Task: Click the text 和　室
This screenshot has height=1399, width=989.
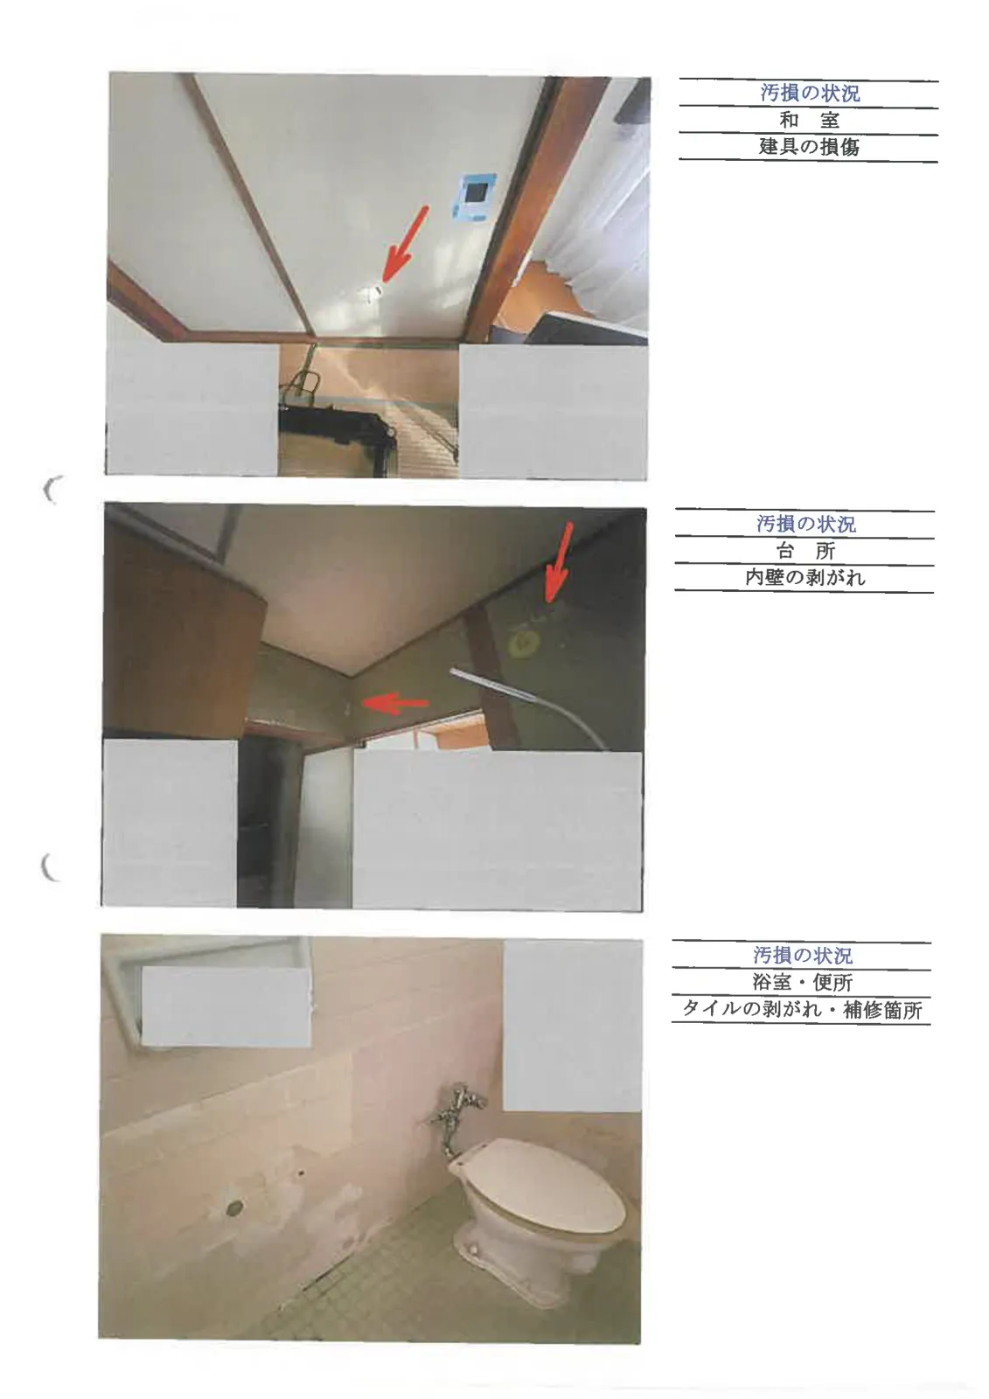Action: (809, 119)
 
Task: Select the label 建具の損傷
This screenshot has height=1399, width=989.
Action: (809, 147)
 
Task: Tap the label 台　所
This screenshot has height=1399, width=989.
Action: (805, 551)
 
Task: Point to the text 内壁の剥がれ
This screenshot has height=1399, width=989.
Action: (804, 578)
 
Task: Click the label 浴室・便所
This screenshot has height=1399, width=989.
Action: (802, 983)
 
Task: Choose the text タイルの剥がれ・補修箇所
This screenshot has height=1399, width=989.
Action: (802, 1010)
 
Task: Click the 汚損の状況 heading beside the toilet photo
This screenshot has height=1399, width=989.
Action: (802, 956)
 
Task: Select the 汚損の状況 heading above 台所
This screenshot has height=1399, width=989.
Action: (805, 524)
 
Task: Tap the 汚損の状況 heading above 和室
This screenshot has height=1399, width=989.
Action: (809, 93)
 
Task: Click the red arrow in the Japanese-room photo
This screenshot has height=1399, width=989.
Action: (406, 243)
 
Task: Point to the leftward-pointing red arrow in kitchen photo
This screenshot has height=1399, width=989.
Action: (395, 703)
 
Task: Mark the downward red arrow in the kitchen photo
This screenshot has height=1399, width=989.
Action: (560, 562)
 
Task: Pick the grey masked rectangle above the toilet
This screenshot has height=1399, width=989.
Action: (572, 1026)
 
